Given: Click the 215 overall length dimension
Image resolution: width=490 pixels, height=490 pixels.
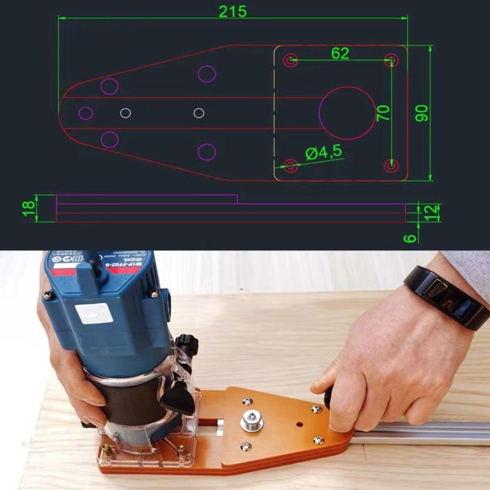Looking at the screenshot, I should click(x=233, y=12).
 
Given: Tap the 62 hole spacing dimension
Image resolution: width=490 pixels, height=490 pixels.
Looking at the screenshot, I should click(x=340, y=53).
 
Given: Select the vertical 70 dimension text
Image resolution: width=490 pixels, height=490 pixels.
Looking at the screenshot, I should click(x=384, y=113).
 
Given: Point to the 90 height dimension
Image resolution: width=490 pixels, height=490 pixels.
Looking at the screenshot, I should click(x=422, y=113).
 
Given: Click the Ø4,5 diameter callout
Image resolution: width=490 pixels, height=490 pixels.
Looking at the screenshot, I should click(x=324, y=153).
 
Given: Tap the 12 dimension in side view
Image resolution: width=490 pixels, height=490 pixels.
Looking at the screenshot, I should click(x=432, y=213).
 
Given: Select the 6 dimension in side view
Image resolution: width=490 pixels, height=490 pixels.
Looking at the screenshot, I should click(x=411, y=238).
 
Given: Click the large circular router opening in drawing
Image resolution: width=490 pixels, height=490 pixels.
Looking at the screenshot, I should click(x=346, y=113).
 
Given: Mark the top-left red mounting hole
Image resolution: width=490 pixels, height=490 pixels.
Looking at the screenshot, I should click(x=291, y=60).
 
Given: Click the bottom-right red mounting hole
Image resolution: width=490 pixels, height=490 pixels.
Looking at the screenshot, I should click(x=391, y=166).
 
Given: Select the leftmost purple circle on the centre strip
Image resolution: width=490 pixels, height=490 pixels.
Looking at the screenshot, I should click(x=86, y=113).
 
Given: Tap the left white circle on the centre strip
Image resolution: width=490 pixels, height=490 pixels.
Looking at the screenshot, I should click(x=125, y=113).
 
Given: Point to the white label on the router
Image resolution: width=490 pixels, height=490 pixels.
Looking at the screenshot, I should click(x=94, y=314).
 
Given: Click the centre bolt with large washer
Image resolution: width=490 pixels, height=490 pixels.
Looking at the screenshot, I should click(x=251, y=421).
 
